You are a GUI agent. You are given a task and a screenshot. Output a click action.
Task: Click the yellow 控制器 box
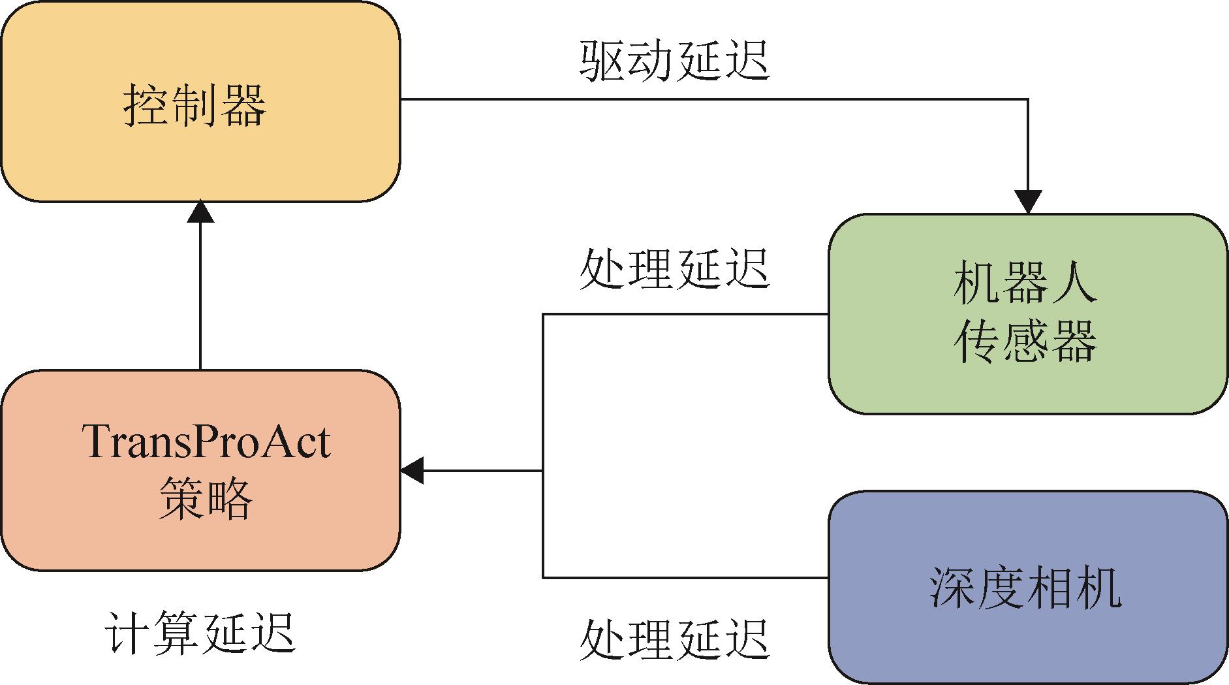200,101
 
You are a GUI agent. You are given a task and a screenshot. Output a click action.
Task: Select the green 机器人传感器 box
1028,314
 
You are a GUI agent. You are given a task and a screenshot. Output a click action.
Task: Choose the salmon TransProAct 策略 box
200,470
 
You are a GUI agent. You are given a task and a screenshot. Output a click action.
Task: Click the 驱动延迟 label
675,61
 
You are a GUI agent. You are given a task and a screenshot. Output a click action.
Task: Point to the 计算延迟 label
200,633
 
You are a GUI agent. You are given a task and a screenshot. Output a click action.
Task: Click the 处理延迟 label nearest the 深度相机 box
675,638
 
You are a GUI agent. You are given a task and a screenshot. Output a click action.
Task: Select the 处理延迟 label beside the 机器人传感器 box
675,268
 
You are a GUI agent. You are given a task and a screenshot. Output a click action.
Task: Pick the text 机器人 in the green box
1025,283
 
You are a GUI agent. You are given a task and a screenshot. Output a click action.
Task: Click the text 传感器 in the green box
1025,342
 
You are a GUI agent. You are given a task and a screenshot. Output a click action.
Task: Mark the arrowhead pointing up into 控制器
200,212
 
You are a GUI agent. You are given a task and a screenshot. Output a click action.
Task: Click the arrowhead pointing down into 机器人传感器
1028,202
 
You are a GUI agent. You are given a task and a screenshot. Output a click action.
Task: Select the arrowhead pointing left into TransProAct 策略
412,470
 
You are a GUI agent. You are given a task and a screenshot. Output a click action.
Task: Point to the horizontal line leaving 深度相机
686,577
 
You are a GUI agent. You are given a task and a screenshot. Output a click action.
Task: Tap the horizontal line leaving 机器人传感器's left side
686,314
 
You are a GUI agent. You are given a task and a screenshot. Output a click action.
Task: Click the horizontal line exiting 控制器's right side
714,99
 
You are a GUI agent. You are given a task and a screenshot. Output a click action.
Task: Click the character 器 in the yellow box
243,105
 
